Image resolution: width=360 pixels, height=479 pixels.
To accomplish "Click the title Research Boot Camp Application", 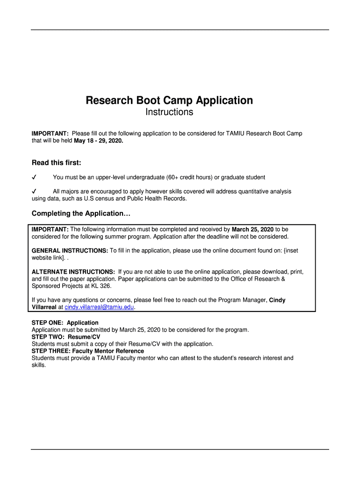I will point(169,101).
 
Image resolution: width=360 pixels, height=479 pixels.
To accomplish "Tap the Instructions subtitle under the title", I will point(169,113).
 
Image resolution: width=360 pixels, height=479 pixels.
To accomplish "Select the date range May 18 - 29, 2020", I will point(99,141).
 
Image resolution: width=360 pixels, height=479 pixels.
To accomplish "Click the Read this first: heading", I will point(56,163).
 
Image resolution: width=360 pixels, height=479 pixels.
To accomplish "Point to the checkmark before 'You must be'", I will point(34,177).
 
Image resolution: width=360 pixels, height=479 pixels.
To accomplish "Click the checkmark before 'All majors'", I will point(34,191).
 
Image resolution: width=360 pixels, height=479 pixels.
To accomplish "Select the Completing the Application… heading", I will point(81,214).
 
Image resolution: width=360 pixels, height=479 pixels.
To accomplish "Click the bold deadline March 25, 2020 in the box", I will point(252,230).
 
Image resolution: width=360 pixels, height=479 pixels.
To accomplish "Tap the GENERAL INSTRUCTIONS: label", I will point(70,251).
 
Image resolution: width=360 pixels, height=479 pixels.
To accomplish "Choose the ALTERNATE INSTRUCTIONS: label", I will point(73,272).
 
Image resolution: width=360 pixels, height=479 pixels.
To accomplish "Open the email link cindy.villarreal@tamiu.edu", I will point(99,307).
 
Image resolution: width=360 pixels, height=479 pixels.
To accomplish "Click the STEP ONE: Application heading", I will point(65,323).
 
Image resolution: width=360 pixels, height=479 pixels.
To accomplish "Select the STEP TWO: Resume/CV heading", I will point(65,337).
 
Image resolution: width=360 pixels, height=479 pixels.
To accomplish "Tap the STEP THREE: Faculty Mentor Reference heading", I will point(87,351).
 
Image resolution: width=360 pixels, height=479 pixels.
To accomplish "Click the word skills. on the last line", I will point(39,365).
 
